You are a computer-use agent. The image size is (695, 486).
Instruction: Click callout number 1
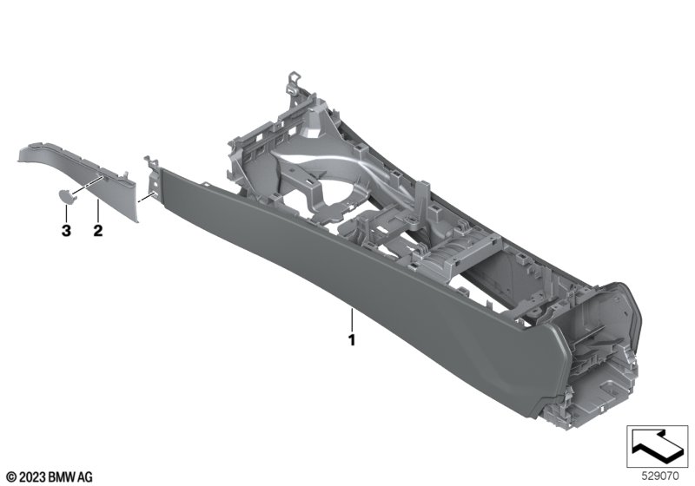coord(352,340)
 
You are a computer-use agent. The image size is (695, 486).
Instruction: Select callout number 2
coord(98,230)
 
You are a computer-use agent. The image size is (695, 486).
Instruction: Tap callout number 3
coord(66,230)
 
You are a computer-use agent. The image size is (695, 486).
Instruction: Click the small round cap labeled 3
coord(67,196)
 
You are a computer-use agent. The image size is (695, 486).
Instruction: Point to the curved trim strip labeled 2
coord(84,177)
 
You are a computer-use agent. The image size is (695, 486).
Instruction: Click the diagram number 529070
coord(660,476)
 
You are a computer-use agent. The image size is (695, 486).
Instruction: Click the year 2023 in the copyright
coord(32,477)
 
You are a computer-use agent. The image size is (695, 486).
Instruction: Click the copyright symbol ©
coord(12,477)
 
